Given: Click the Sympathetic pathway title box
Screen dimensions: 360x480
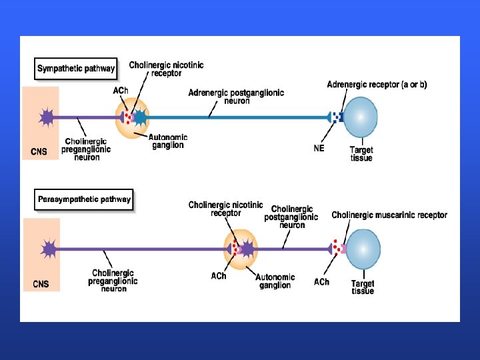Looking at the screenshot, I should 75,68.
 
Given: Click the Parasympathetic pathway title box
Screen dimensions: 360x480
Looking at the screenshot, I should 84,199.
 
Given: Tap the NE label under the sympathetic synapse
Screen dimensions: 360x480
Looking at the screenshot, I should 319,148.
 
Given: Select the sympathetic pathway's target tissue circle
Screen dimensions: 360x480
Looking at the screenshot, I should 360,118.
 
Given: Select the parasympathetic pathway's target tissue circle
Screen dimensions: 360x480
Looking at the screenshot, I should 363,249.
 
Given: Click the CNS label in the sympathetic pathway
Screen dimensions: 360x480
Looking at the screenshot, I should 39,151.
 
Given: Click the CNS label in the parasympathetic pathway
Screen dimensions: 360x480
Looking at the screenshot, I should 41,284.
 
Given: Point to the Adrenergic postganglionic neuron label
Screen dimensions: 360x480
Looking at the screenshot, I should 236,96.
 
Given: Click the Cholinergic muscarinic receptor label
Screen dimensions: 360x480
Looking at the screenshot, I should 389,215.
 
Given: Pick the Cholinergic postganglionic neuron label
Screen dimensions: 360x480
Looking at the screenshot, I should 291,217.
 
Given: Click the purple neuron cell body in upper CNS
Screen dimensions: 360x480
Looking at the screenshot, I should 46,118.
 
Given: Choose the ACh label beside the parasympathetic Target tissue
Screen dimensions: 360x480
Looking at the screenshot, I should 321,282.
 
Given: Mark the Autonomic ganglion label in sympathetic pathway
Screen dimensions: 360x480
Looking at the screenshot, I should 168,141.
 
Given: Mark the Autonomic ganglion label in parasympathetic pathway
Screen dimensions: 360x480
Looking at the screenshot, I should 275,281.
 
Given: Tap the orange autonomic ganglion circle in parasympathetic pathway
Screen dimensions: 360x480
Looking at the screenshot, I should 241,249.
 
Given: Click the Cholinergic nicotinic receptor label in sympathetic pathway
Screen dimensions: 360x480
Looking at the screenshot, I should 166,69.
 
